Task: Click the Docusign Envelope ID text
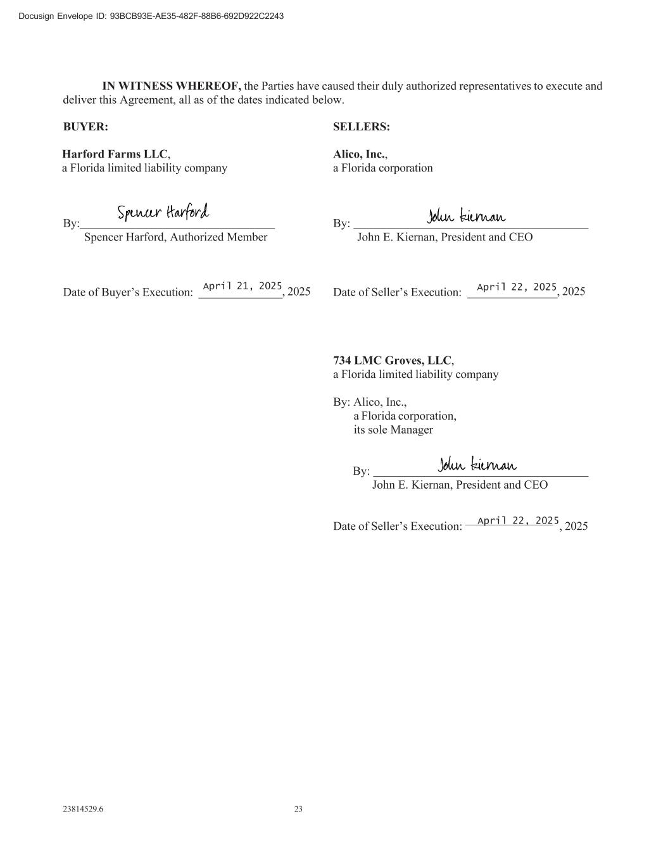[151, 16]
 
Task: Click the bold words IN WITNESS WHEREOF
[172, 86]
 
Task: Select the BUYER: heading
[85, 127]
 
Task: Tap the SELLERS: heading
[362, 127]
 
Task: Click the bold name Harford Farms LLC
[115, 154]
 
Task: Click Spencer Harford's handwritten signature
[163, 213]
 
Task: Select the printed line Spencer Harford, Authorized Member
[175, 237]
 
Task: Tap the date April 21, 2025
[242, 286]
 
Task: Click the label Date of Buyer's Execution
[127, 292]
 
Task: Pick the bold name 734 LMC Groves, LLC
[393, 360]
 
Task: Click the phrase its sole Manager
[393, 430]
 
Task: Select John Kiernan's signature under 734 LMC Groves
[477, 465]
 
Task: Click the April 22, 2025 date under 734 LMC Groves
[518, 520]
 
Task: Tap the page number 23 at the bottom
[298, 809]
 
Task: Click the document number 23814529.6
[83, 809]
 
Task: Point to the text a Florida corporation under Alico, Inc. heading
[383, 168]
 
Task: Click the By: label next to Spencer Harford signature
[70, 223]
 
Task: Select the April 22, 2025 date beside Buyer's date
[517, 287]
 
